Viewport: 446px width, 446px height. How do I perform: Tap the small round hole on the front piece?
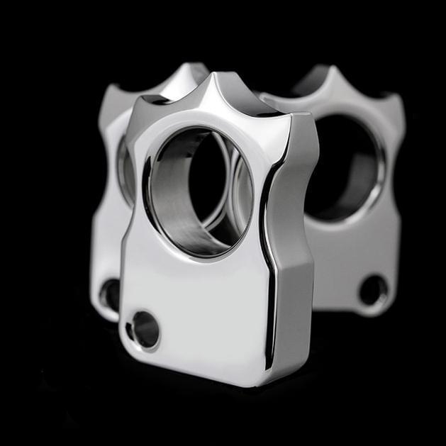point(145,329)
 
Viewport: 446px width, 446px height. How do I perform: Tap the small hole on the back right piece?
point(372,289)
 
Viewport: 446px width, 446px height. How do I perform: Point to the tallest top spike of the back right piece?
point(329,71)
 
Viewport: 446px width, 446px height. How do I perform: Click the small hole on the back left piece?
point(110,294)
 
